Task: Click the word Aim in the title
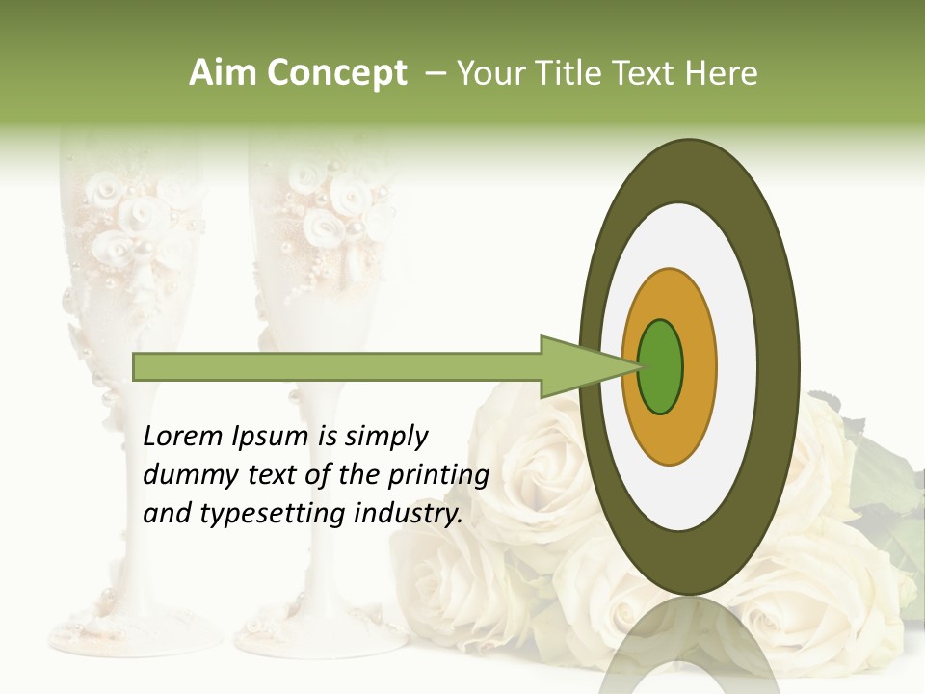click(219, 73)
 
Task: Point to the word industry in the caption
click(409, 515)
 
